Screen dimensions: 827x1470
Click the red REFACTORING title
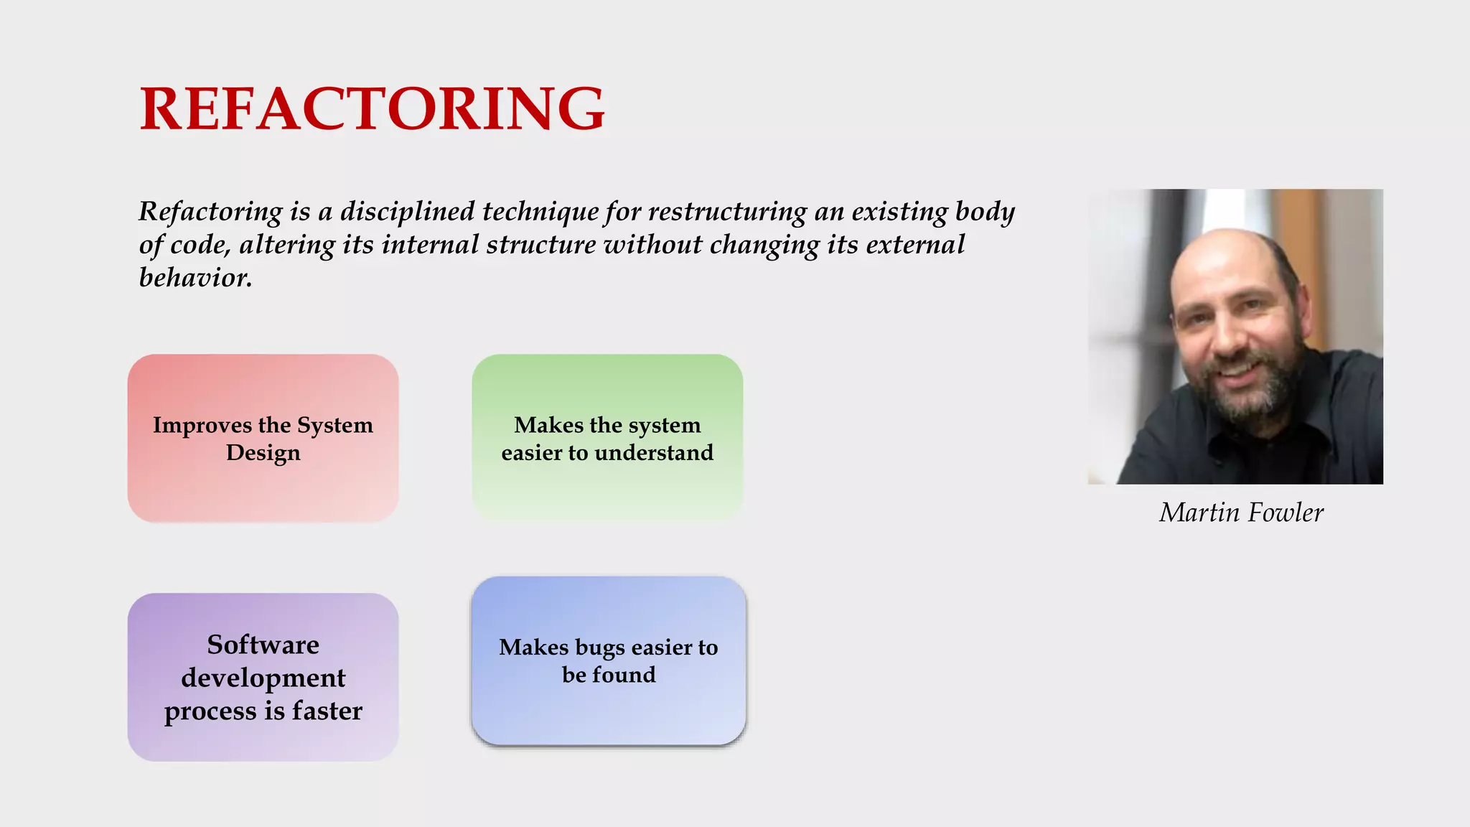[x=372, y=108]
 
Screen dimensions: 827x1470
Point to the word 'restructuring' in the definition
[x=727, y=212]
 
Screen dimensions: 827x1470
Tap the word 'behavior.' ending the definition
[x=195, y=278]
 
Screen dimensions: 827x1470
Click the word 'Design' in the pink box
[x=263, y=453]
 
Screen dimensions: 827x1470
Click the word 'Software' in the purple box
[x=263, y=645]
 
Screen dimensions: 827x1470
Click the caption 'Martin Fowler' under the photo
[x=1241, y=513]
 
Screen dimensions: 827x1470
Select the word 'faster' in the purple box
[x=327, y=711]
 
